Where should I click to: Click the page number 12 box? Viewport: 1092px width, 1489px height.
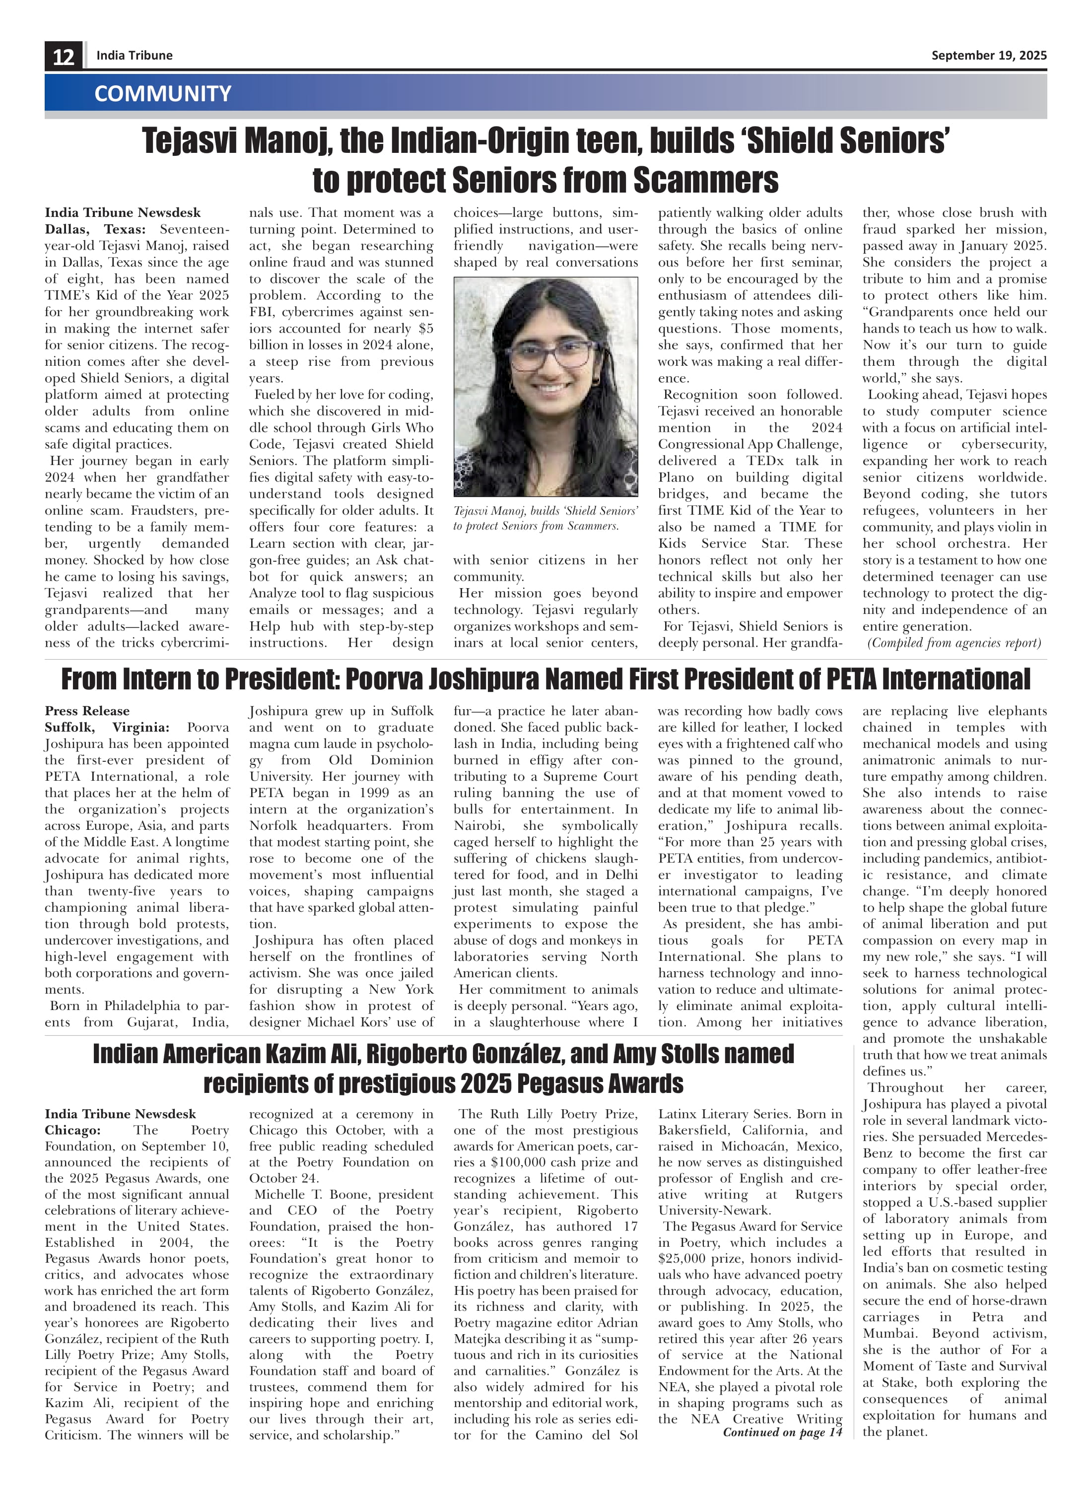[64, 56]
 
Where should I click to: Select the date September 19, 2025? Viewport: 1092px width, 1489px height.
[988, 56]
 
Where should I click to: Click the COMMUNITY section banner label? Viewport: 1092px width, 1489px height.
[163, 93]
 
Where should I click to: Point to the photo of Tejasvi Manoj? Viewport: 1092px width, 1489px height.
[546, 387]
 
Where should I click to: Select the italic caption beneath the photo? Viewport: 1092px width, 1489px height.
[546, 518]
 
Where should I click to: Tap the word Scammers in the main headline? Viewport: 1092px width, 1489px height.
[705, 180]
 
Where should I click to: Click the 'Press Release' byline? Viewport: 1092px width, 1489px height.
[87, 711]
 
